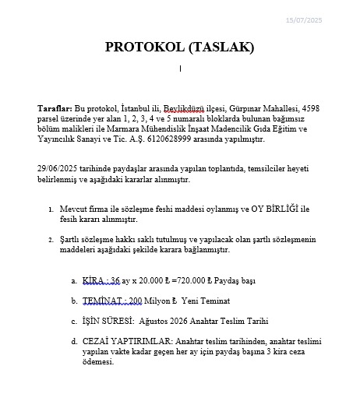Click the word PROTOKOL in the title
click(145, 47)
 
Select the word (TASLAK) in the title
click(221, 47)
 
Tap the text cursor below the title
click(180, 69)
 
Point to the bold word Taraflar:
click(55, 107)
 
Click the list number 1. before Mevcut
click(51, 209)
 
